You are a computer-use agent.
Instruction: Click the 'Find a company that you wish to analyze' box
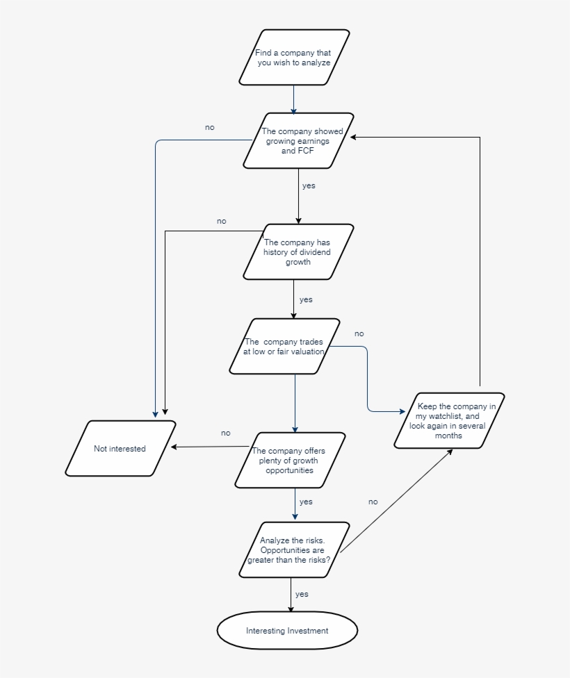[x=293, y=58]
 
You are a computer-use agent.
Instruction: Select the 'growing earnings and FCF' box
[x=298, y=140]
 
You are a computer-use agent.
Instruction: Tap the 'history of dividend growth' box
[x=298, y=251]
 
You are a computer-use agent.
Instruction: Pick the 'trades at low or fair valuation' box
[x=284, y=346]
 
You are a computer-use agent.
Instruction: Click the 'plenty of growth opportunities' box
[x=289, y=460]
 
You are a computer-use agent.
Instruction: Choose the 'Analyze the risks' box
[x=293, y=550]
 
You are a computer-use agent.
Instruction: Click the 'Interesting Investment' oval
[x=287, y=631]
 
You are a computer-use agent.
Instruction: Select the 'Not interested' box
[x=120, y=449]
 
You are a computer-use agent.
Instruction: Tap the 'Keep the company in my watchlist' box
[x=449, y=421]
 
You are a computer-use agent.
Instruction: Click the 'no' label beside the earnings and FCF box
[x=210, y=128]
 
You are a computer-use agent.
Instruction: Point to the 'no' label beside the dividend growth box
[x=221, y=222]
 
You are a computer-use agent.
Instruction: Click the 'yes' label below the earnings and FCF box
[x=309, y=186]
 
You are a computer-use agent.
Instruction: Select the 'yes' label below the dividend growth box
[x=306, y=300]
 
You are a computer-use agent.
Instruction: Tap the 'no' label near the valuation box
[x=359, y=334]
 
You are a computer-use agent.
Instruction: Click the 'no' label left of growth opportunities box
[x=225, y=433]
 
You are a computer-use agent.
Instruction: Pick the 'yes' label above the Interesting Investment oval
[x=302, y=595]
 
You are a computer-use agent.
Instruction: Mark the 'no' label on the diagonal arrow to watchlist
[x=373, y=502]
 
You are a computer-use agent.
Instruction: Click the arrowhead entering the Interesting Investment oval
[x=291, y=610]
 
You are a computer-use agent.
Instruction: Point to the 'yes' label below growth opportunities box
[x=306, y=502]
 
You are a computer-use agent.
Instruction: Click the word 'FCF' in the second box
[x=306, y=151]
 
